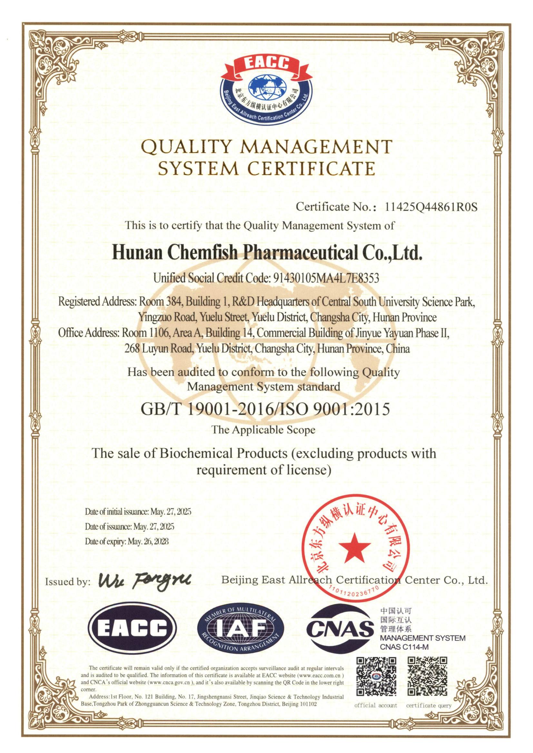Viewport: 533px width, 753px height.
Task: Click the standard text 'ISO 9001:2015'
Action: point(339,410)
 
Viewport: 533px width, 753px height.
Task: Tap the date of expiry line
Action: point(127,542)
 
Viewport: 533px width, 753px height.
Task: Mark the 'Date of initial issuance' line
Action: point(138,512)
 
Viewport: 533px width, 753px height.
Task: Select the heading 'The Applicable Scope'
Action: point(263,430)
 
